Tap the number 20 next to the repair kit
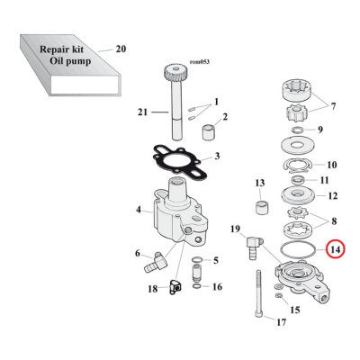point(121,49)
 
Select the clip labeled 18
point(175,287)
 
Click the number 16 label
point(217,287)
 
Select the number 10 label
point(331,165)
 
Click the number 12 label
point(331,196)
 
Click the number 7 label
point(334,107)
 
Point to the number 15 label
point(320,310)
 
